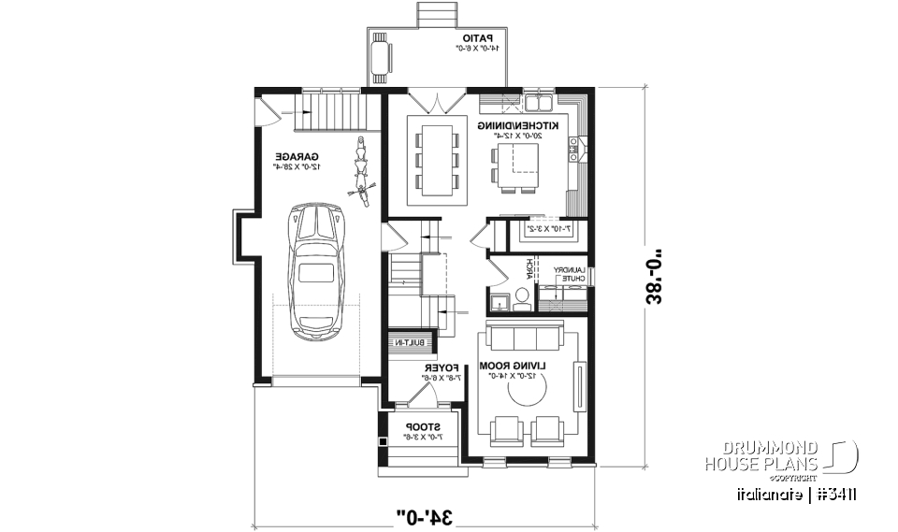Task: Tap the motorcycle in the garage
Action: (360, 171)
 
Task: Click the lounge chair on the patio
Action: (381, 56)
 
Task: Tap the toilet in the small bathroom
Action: (522, 296)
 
